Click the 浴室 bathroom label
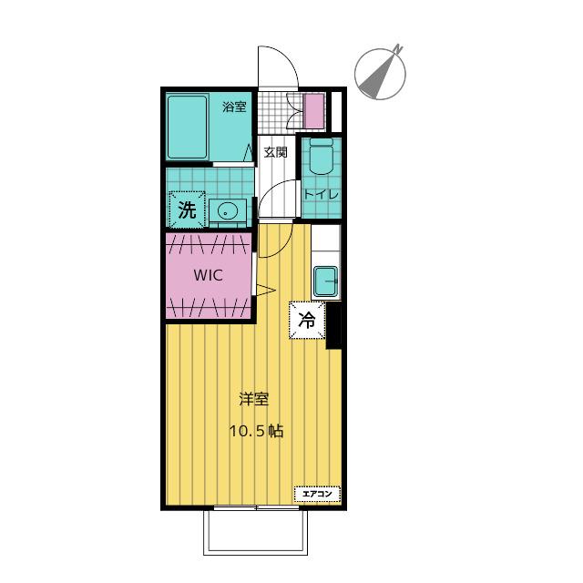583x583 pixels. point(234,107)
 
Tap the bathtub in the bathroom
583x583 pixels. point(187,128)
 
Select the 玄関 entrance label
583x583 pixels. point(275,152)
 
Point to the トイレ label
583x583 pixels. point(321,194)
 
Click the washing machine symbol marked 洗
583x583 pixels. point(187,210)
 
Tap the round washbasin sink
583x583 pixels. point(228,211)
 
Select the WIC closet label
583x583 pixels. point(209,275)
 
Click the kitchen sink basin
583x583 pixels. point(325,281)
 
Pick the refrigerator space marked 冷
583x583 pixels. point(308,320)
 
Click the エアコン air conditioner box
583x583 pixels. point(317,494)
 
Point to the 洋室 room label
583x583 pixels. point(253,399)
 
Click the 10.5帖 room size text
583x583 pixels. point(256,431)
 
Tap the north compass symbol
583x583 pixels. point(380,74)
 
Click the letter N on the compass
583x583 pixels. point(399,48)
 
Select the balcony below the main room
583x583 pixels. point(256,532)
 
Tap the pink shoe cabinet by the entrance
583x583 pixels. point(314,111)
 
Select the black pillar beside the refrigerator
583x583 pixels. point(333,326)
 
